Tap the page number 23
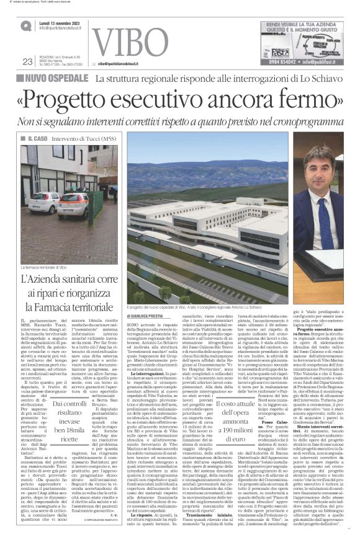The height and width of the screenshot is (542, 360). coord(27,61)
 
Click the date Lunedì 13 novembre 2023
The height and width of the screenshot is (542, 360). coord(59,22)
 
